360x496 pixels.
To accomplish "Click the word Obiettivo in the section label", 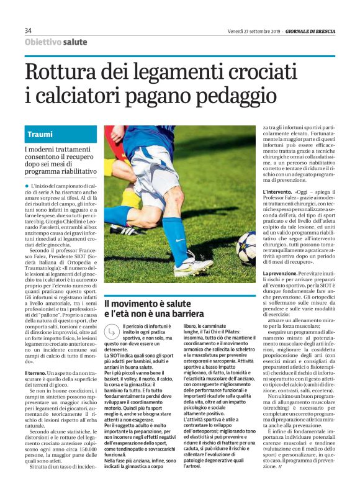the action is [x=43, y=42].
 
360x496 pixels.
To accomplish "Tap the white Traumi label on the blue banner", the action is [x=40, y=134].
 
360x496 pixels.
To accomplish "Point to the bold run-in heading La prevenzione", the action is [x=282, y=273].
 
